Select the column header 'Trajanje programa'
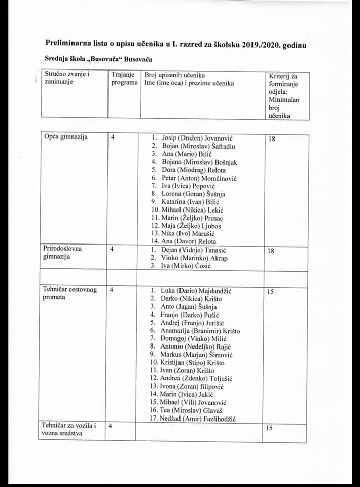[124, 79]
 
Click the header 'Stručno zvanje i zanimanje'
[67, 79]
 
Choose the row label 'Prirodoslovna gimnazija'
[62, 253]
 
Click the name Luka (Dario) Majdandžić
[196, 291]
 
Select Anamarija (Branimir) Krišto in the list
[200, 331]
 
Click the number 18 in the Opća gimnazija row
[272, 138]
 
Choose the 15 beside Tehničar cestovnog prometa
[271, 292]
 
